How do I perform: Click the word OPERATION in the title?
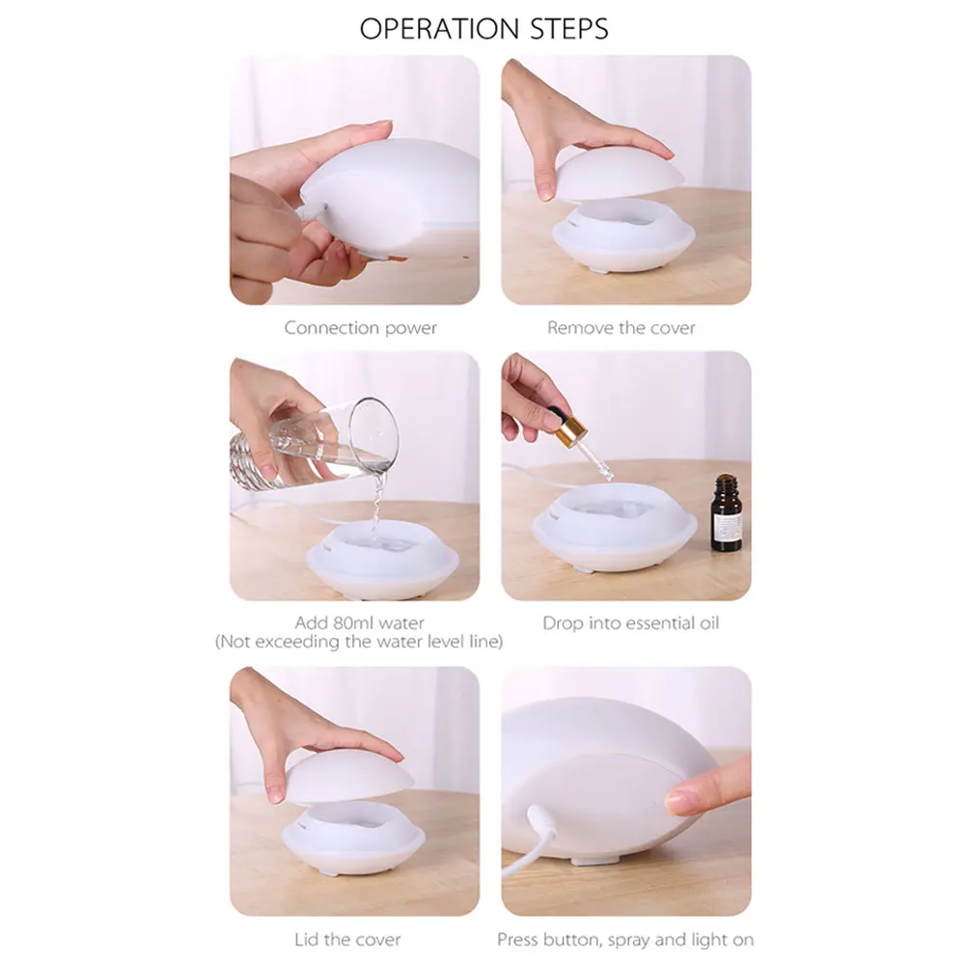coord(439,29)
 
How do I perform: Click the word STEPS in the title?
coord(569,29)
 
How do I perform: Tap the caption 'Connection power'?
coord(361,328)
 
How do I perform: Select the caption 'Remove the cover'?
coord(621,327)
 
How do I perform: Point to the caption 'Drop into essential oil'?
coord(631,622)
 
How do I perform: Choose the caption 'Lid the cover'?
coord(347,940)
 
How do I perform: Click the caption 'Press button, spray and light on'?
coord(625,940)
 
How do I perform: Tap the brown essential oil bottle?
coord(727,512)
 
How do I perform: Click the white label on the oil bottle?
coord(728,525)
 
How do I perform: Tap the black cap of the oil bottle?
coord(727,480)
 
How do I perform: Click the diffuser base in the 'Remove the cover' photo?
coord(623,237)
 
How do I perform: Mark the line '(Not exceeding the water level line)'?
coord(359,642)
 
